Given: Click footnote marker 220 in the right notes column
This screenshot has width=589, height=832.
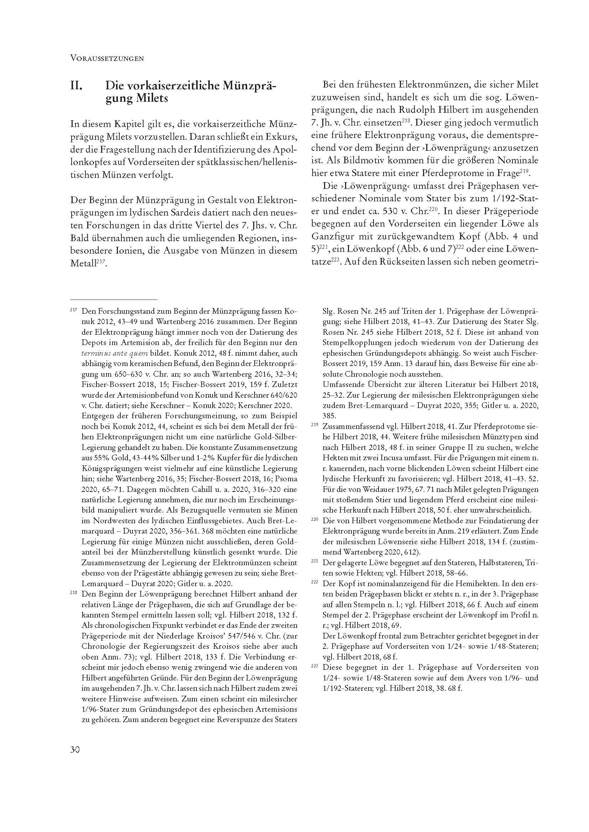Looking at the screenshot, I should click(314, 519).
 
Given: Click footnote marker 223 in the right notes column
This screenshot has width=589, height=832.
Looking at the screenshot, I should click(314, 666).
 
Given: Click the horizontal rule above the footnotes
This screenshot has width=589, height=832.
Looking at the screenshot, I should click(114, 300).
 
